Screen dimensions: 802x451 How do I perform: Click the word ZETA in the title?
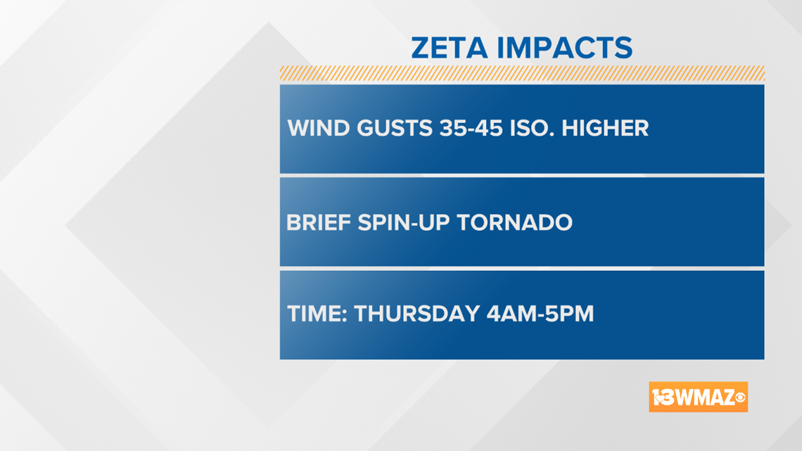click(450, 48)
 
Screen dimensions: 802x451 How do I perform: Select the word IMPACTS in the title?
click(565, 48)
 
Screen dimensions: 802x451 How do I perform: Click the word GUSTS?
click(395, 128)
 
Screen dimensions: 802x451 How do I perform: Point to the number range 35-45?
click(471, 128)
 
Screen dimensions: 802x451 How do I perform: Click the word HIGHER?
click(605, 128)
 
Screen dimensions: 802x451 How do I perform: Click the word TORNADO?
click(514, 222)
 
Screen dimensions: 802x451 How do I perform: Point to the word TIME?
click(317, 314)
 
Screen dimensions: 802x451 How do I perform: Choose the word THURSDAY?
click(417, 314)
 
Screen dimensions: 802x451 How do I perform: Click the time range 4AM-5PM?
click(540, 314)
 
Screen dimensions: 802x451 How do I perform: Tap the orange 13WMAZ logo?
click(698, 397)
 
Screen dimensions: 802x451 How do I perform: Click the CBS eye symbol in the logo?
click(740, 398)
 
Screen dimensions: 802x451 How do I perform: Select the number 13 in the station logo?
click(663, 398)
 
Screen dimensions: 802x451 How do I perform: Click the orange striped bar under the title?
click(522, 73)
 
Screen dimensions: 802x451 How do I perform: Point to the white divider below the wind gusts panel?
click(522, 175)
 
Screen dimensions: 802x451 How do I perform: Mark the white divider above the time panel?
click(522, 269)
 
